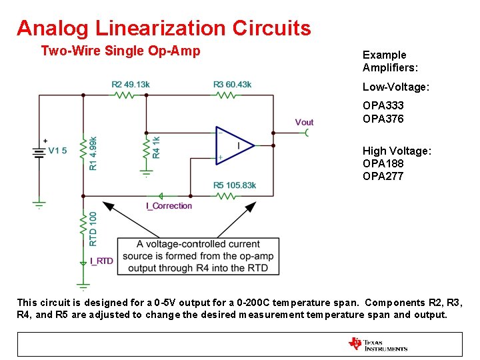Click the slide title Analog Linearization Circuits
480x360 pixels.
[x=163, y=28]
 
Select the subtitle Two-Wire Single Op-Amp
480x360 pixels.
[x=120, y=51]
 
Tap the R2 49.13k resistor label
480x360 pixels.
[x=131, y=85]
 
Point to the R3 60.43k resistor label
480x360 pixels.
[x=232, y=85]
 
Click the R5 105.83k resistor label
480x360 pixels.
[x=235, y=185]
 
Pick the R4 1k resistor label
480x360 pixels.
[x=156, y=146]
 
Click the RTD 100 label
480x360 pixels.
[x=93, y=229]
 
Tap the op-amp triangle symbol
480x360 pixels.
[x=234, y=145]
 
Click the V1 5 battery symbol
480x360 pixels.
[x=39, y=151]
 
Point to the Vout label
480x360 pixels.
[x=304, y=122]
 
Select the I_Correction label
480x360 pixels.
[x=169, y=206]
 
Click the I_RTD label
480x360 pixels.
[x=101, y=261]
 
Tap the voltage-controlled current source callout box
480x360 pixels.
[x=198, y=256]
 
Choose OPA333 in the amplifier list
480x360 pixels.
[x=383, y=105]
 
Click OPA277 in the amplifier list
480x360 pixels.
[x=383, y=176]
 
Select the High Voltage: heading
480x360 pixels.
[x=397, y=151]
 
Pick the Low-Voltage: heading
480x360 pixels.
[x=395, y=87]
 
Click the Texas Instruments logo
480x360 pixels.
[x=377, y=344]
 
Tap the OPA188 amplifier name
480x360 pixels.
[x=383, y=163]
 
